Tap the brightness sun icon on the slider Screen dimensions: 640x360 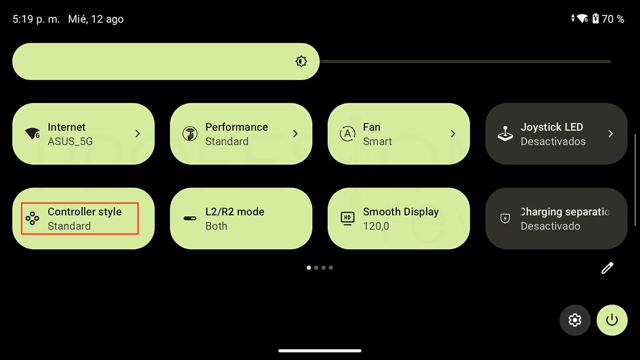tap(301, 61)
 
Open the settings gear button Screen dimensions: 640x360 tap(575, 320)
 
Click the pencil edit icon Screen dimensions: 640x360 tap(607, 268)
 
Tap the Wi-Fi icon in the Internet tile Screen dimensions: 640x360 tap(33, 133)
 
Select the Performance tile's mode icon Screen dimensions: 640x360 tap(190, 133)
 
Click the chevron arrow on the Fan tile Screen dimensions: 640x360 tap(453, 133)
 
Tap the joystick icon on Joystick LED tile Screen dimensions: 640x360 tap(505, 133)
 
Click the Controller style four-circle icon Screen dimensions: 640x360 tap(33, 218)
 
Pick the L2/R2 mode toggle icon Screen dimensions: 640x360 tap(190, 219)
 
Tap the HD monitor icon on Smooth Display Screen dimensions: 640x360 tap(347, 219)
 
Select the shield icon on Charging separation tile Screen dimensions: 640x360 tap(505, 219)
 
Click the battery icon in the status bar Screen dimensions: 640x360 tap(595, 19)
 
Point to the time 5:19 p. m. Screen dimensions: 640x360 tap(36, 19)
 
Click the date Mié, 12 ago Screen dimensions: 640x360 tap(95, 19)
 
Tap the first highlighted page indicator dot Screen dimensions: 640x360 tap(309, 268)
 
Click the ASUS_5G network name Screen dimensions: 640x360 tap(70, 141)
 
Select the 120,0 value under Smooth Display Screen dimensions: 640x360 tap(376, 226)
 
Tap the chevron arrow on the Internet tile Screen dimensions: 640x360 tap(138, 133)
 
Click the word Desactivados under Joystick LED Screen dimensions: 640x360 tap(553, 141)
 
